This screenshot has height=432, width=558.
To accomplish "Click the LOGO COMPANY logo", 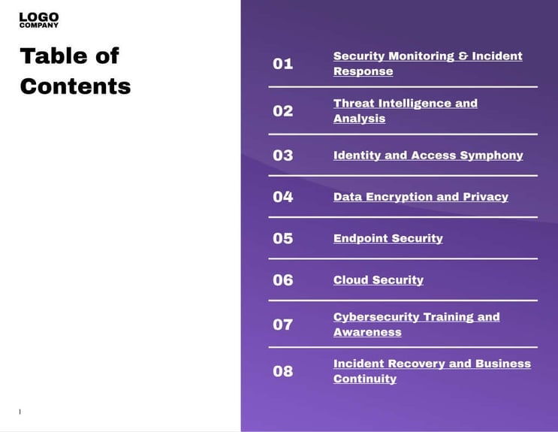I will (x=39, y=20).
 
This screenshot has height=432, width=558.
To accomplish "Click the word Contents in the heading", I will (x=75, y=86).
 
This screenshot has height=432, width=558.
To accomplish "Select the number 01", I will (x=282, y=64).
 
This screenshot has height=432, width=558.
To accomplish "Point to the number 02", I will (x=282, y=111).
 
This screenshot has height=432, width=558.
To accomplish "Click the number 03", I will (x=282, y=156).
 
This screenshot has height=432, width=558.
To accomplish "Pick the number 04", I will (x=282, y=197).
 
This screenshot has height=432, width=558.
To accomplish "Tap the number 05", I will (x=282, y=238).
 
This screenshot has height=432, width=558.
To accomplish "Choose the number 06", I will (x=282, y=280).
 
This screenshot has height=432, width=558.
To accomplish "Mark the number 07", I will (x=282, y=325).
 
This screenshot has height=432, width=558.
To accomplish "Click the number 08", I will (x=282, y=371).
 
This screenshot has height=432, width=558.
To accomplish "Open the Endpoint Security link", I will (x=388, y=238).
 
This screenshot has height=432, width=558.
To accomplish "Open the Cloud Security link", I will (x=378, y=280).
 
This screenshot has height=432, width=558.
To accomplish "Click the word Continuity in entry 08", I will (x=364, y=379).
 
